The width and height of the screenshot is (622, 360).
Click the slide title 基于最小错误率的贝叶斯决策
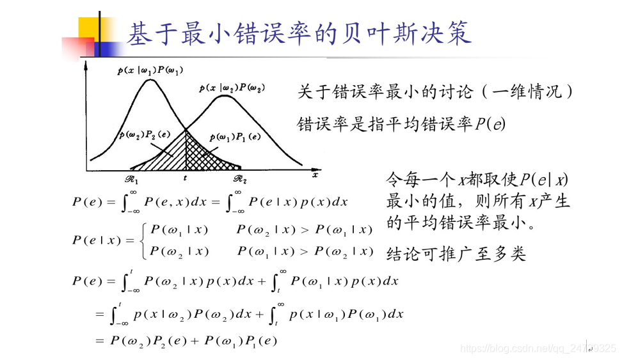point(299,33)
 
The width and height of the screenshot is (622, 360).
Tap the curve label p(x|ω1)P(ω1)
point(150,70)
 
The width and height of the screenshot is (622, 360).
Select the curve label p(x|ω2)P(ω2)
point(232,88)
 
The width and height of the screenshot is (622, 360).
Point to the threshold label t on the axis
point(185,178)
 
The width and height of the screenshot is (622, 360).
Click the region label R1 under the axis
point(132,179)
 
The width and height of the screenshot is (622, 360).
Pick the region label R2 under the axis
point(240,179)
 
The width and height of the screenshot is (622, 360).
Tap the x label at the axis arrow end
point(315,175)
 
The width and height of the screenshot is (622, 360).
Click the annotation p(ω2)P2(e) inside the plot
point(145,135)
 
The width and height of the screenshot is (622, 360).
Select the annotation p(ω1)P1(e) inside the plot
point(235,137)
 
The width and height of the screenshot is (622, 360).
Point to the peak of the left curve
point(150,80)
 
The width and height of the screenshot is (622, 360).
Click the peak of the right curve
point(225,97)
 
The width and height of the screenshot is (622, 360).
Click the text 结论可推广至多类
point(456,254)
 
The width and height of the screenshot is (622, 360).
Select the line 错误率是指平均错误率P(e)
point(401,124)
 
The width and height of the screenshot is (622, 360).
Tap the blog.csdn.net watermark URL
point(538,348)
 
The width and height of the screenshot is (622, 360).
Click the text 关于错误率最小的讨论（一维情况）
point(435,92)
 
